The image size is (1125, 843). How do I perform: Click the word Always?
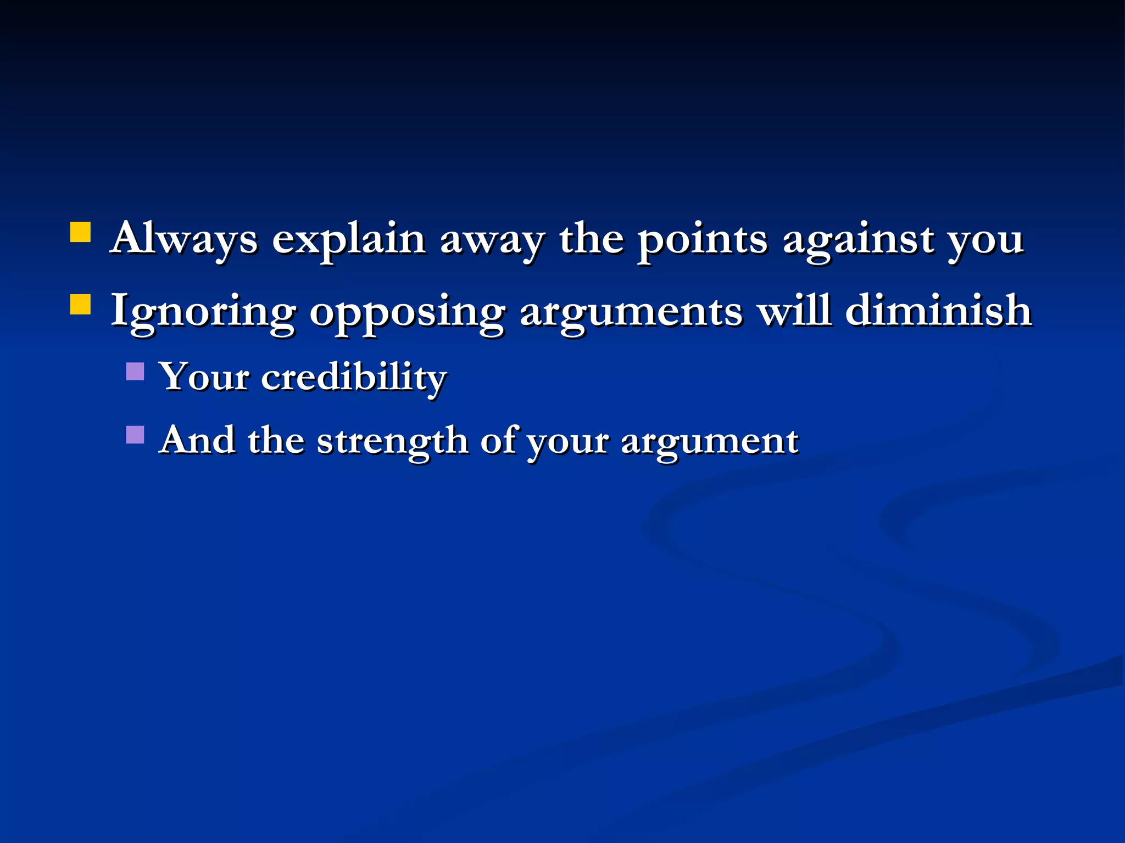183,239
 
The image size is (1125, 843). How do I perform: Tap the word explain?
349,240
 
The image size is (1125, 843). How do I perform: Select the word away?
492,240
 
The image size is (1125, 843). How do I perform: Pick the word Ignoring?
203,312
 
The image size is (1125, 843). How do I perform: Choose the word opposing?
407,313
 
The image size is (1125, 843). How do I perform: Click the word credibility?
354,378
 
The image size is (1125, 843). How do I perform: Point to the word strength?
392,441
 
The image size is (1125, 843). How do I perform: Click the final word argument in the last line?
709,442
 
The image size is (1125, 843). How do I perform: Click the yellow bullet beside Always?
81,232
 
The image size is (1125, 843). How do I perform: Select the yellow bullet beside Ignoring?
81,304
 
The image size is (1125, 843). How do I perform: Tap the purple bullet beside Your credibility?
135,372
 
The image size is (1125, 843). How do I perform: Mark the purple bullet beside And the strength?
135,435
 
